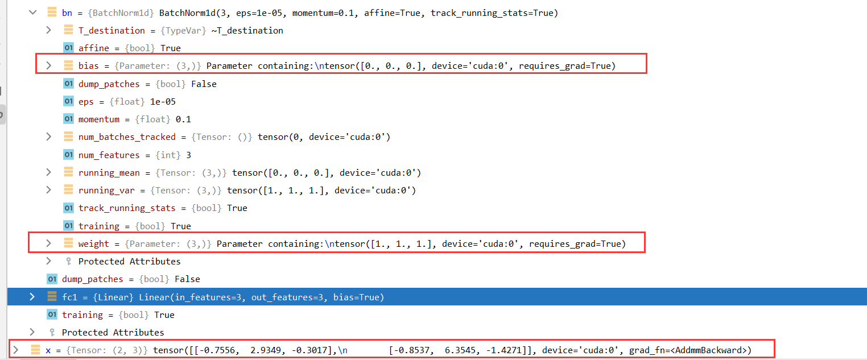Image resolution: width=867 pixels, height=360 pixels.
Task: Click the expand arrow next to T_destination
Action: point(49,30)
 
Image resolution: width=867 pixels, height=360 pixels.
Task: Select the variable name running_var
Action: point(106,190)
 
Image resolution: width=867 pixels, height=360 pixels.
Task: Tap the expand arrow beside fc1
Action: point(32,297)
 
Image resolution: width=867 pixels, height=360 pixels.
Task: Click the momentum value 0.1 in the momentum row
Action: point(184,119)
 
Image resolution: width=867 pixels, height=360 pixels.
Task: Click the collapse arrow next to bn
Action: point(32,12)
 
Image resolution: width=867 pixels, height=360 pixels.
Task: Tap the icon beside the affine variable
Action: point(68,48)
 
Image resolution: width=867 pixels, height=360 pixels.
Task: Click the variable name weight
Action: point(93,243)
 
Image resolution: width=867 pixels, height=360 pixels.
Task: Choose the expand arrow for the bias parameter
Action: point(49,65)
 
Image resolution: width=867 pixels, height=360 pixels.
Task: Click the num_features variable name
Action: point(109,155)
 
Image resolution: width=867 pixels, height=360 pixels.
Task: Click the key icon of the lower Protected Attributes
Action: point(52,332)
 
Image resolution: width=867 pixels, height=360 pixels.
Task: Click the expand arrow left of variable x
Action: point(16,350)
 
